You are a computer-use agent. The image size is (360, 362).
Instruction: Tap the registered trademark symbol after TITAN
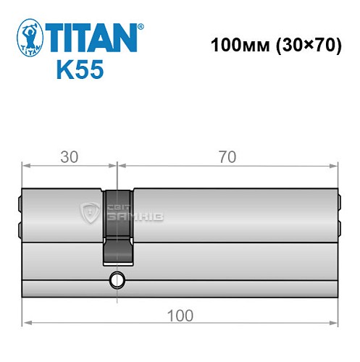[x=141, y=25]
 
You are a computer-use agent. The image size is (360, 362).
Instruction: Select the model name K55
[x=79, y=70]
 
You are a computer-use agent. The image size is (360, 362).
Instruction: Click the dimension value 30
[x=69, y=156]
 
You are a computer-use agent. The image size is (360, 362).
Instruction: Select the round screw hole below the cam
[x=116, y=280]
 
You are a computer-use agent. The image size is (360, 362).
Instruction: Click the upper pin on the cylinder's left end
[x=19, y=202]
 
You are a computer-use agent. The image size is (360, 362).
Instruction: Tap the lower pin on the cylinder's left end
[x=19, y=230]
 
